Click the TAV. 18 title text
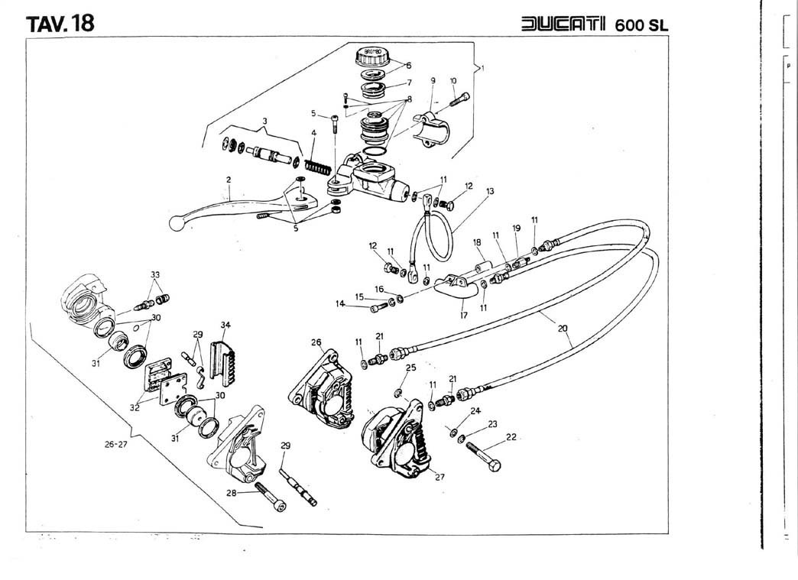(60, 23)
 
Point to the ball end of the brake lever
(177, 224)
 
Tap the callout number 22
(511, 438)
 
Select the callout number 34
(225, 326)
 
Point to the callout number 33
(155, 275)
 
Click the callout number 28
(232, 493)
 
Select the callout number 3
(265, 122)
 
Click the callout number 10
(453, 80)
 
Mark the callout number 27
(440, 477)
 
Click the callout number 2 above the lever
(228, 180)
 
